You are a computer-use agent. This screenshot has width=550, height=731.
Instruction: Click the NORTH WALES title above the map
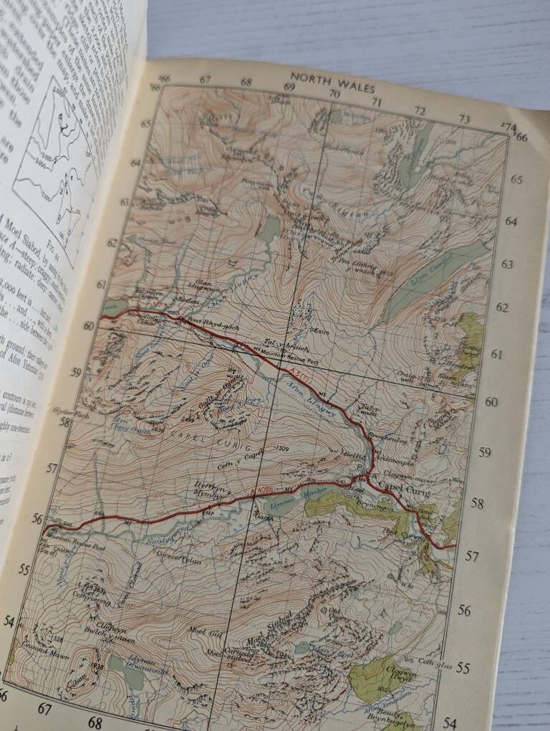[x=332, y=77]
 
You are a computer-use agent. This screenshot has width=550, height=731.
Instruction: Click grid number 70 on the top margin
[x=334, y=94]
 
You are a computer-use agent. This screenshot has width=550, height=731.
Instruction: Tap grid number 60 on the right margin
[x=491, y=402]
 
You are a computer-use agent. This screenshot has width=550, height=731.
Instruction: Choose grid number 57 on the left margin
[x=52, y=467]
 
